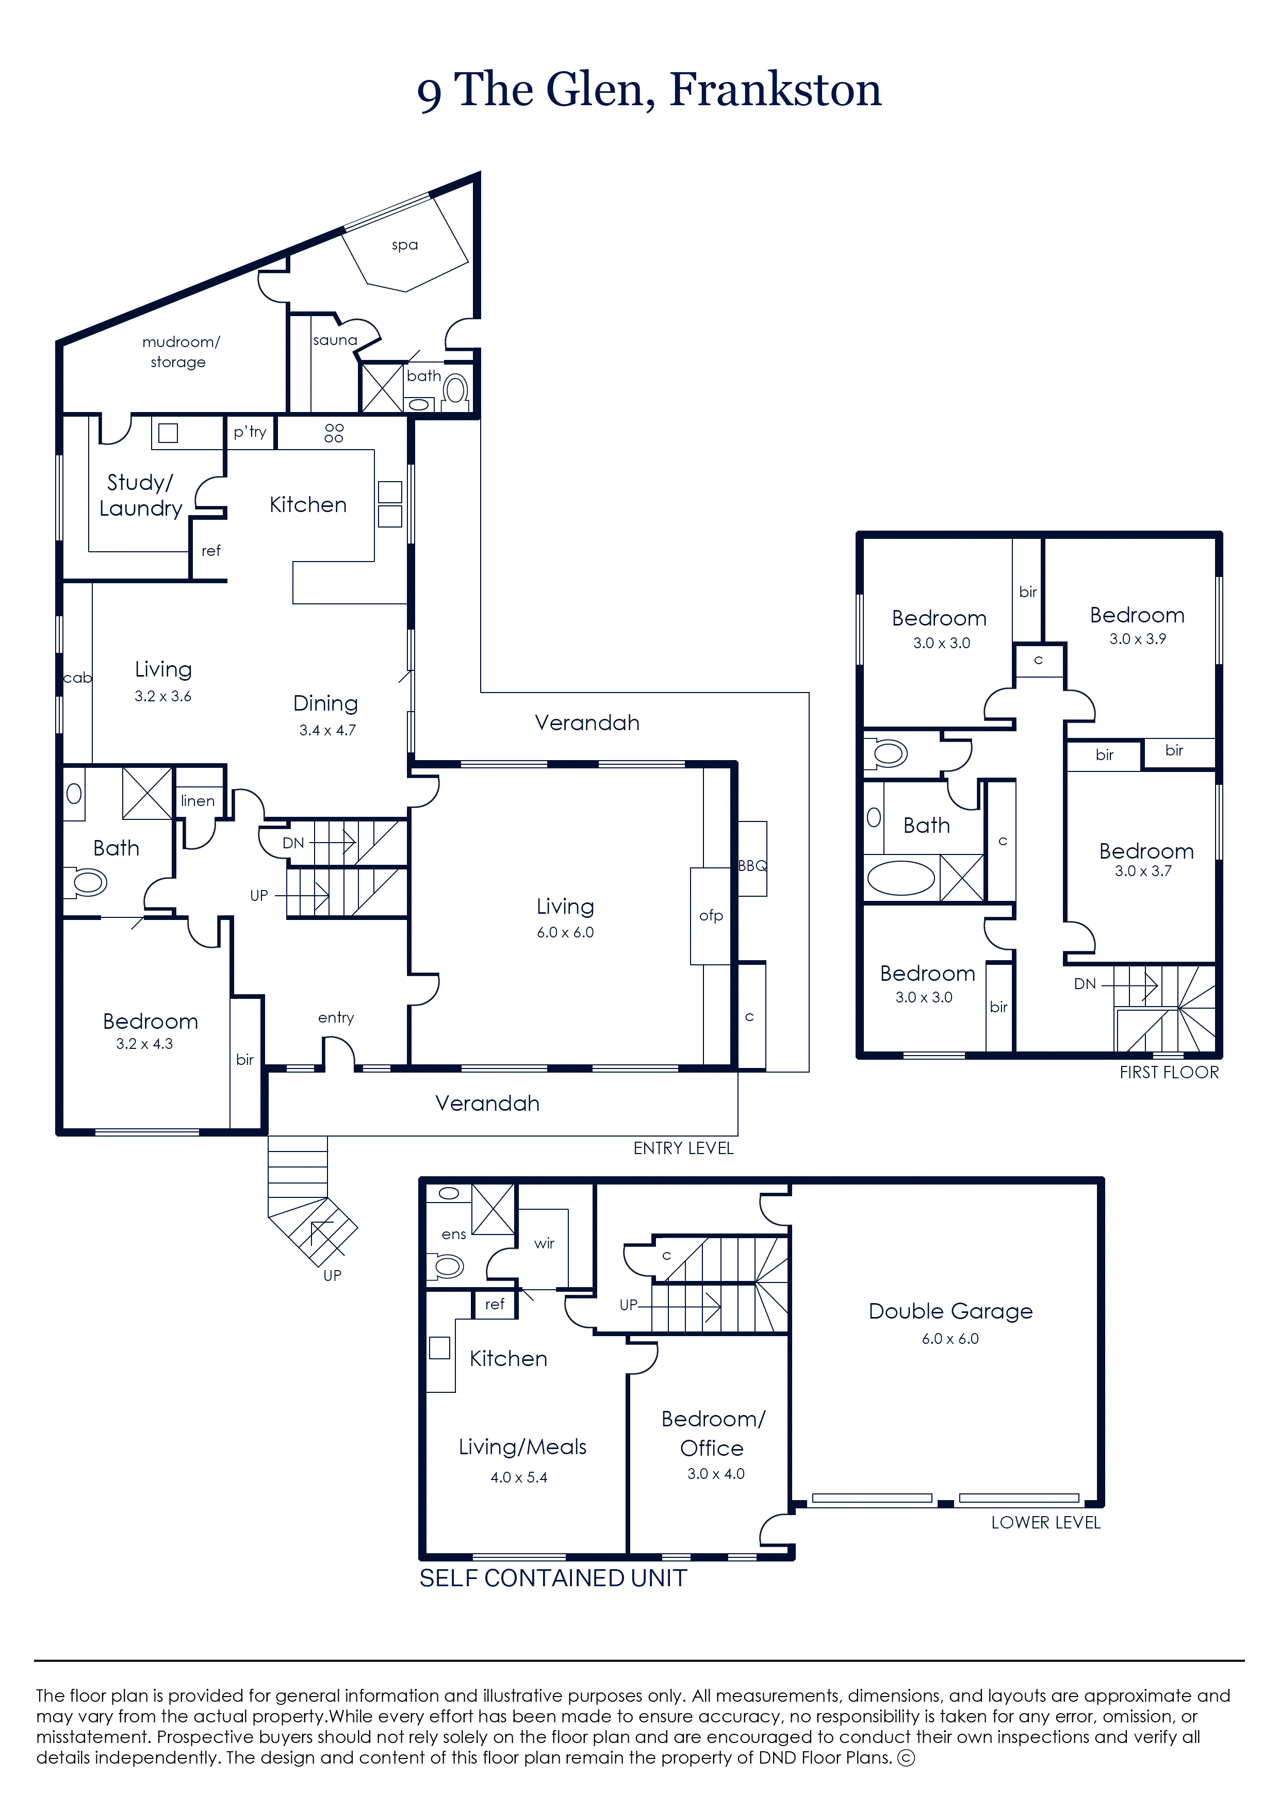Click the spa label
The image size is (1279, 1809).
point(404,245)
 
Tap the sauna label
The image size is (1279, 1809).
point(335,340)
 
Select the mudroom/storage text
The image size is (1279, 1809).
point(181,351)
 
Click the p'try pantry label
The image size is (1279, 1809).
point(250,432)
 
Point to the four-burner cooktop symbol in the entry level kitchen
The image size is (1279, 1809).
point(334,433)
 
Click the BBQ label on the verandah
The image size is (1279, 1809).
point(752,866)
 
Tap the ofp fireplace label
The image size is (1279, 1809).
point(711,915)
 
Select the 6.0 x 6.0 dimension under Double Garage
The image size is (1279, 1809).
point(950,1339)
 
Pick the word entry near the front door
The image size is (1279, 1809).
point(336,1018)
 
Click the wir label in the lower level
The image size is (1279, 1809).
point(544,1243)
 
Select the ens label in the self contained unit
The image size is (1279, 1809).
point(453,1235)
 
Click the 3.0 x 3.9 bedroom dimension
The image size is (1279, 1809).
point(1137,639)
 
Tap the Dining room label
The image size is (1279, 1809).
point(325,703)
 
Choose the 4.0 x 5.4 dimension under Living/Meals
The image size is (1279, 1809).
point(518,1477)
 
